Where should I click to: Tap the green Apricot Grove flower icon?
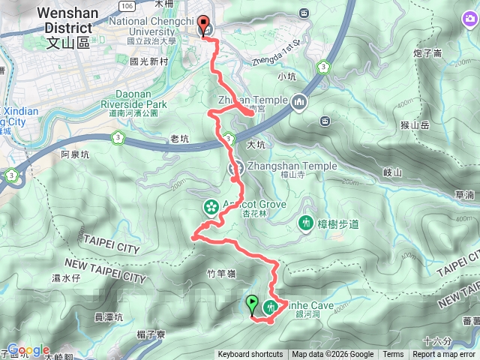point(211,205)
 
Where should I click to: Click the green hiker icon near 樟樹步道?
point(306,222)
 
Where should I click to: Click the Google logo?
point(28,350)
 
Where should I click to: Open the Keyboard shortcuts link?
point(250,355)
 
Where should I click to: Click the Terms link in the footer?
point(393,355)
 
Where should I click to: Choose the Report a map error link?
point(444,355)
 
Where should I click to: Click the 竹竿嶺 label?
point(199,275)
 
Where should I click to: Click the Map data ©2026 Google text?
point(332,355)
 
